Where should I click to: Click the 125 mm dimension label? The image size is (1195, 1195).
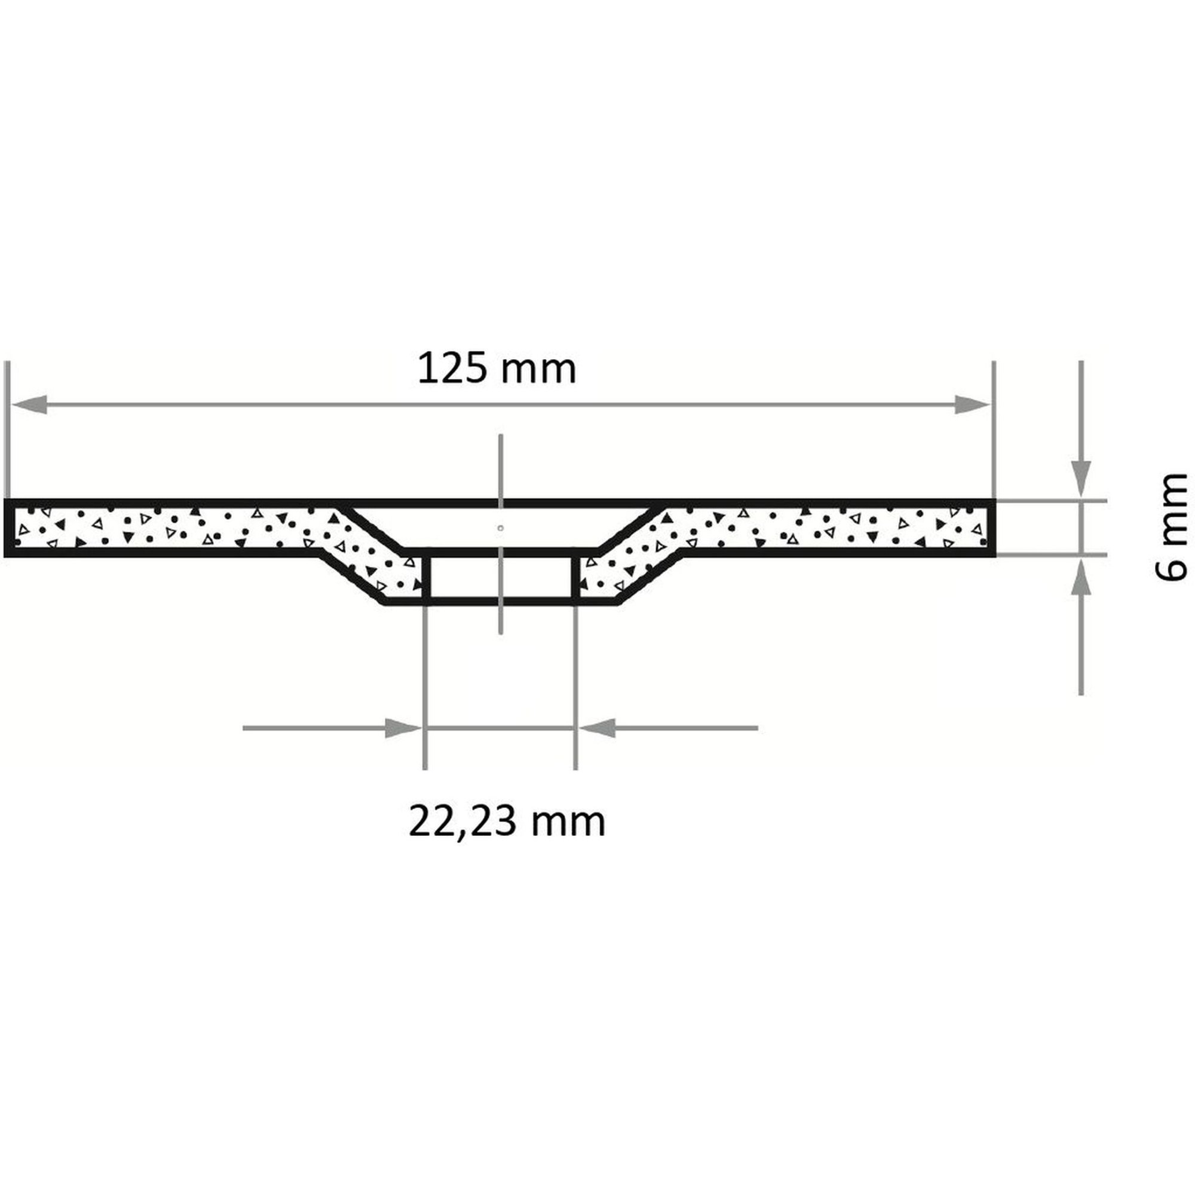(x=497, y=369)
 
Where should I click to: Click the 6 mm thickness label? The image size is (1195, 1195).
(x=1172, y=528)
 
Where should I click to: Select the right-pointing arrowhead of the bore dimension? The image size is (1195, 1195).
(x=403, y=728)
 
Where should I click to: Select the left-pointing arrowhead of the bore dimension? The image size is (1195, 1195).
(x=597, y=728)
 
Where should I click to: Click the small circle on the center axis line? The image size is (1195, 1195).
(x=500, y=528)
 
